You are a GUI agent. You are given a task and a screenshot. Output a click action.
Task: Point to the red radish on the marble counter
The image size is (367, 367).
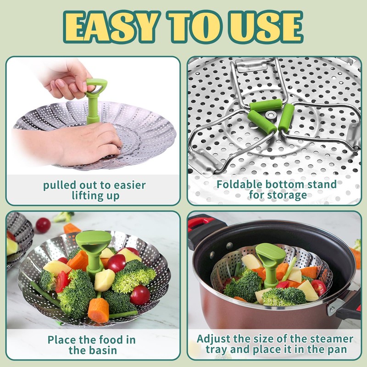pos(43,225)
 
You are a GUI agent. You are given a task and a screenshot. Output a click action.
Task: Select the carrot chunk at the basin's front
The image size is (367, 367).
pos(98,310)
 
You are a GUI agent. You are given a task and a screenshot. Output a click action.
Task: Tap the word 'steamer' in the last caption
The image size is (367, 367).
pos(330,339)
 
